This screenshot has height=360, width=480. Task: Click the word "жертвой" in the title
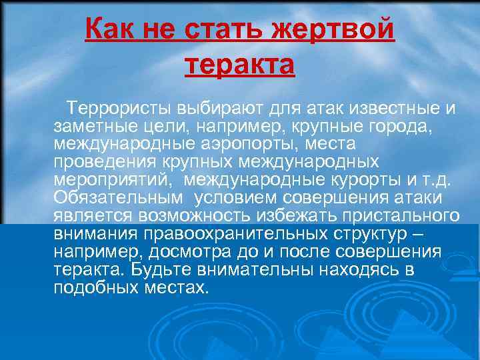341,31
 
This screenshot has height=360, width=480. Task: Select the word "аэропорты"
244,144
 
